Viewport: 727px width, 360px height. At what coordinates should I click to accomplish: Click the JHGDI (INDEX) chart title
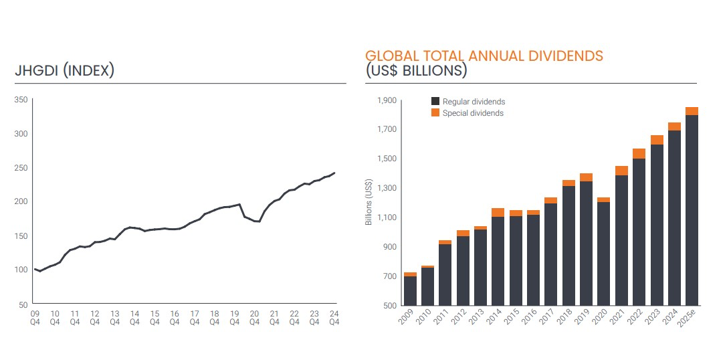coord(65,70)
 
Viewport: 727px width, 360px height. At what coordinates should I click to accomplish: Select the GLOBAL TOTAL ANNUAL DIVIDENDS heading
coord(484,56)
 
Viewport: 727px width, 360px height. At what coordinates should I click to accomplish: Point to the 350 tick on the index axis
coord(21,100)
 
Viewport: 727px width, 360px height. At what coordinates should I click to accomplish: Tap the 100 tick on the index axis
coord(21,270)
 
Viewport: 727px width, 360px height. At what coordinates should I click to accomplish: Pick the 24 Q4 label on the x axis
coord(334,317)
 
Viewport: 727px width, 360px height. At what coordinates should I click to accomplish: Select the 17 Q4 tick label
coord(194,317)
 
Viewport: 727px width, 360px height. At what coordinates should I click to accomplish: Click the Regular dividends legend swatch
coord(435,102)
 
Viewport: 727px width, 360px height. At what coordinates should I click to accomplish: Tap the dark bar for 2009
coord(410,291)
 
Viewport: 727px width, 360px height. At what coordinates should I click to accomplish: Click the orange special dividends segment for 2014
coord(498,212)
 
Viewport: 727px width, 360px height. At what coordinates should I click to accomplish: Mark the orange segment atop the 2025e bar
coord(692,111)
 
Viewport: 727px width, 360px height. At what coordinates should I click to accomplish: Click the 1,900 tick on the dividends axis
coord(387,100)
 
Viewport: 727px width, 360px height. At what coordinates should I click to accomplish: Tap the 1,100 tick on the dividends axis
coord(387,217)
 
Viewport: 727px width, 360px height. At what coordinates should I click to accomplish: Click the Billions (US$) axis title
coord(369,203)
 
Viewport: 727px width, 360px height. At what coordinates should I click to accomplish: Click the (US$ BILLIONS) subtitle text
coord(416,70)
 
